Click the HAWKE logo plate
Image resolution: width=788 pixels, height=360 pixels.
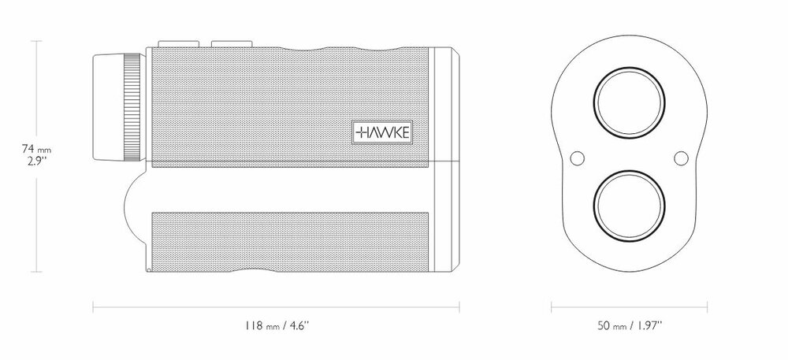382,132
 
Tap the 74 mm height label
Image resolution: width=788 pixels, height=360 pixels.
36,149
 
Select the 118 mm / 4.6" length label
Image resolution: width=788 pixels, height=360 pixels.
276,325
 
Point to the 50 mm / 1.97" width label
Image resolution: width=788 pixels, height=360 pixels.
629,325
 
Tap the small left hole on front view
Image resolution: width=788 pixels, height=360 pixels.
578,158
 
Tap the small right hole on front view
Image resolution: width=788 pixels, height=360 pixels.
681,158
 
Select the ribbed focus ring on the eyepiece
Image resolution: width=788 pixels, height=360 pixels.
132,107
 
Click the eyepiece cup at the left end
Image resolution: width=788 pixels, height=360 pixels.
108,107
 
